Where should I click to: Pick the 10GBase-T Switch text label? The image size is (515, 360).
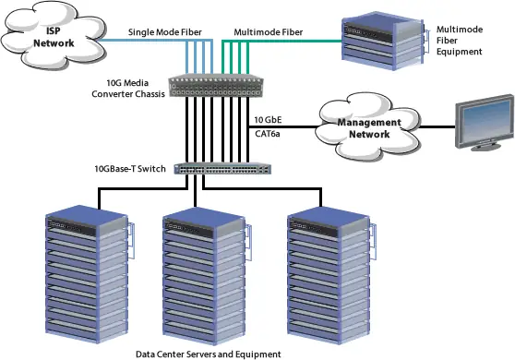pyautogui.click(x=131, y=169)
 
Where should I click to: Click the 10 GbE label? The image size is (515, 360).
pyautogui.click(x=268, y=120)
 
